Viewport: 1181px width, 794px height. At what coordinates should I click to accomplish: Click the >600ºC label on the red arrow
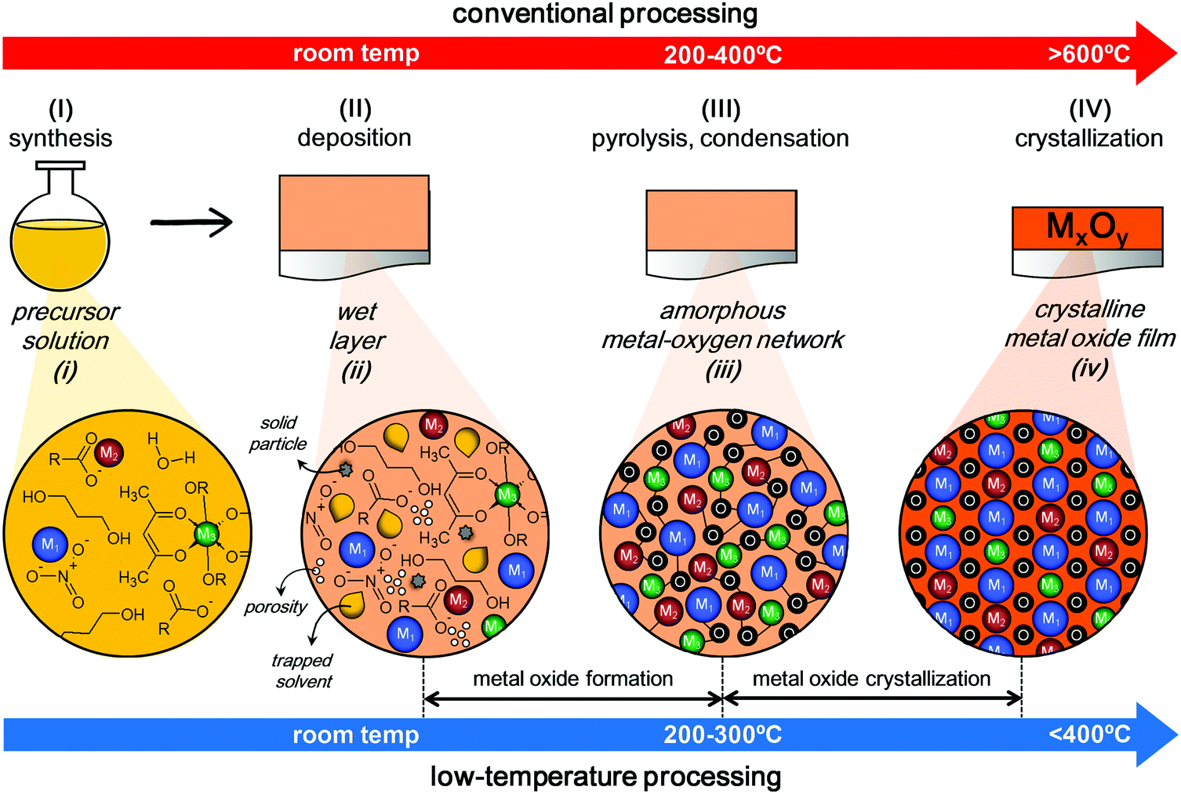point(1088,54)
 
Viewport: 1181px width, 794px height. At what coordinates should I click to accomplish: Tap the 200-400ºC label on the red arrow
point(722,54)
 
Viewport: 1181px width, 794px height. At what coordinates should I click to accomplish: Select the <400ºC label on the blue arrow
point(1089,734)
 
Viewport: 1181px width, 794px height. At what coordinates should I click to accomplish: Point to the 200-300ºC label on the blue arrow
point(722,734)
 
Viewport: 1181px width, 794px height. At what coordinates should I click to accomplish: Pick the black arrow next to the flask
point(191,223)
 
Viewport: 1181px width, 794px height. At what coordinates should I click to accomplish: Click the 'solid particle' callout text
point(278,433)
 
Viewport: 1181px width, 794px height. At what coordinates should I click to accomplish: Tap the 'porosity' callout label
point(275,607)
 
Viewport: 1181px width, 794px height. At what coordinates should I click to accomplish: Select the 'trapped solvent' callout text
point(303,671)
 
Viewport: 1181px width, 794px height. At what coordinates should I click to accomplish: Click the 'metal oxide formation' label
point(572,679)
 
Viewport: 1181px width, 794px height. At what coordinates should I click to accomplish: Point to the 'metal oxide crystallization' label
point(871,679)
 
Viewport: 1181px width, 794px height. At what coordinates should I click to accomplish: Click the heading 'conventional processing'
point(605,14)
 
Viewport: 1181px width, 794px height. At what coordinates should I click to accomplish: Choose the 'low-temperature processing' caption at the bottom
point(605,777)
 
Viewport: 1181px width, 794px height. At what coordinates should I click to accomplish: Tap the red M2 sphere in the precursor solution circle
point(109,453)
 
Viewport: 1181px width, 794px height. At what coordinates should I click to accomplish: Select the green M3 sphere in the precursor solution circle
point(206,535)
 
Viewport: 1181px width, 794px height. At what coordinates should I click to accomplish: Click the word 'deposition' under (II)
point(354,138)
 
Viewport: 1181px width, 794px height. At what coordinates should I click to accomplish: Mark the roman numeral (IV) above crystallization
point(1089,109)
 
